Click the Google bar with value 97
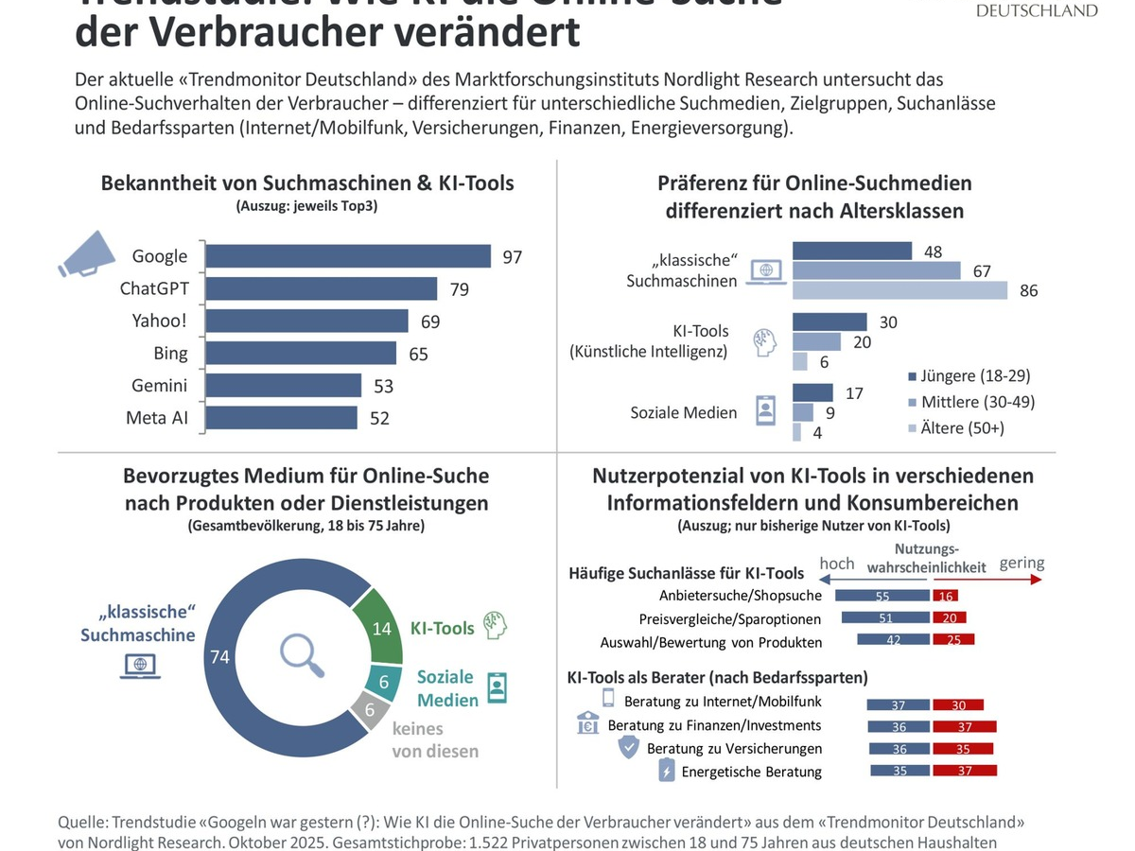[x=348, y=256]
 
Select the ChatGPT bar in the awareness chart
[x=322, y=288]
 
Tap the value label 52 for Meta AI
[x=379, y=417]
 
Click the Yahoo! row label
[x=159, y=321]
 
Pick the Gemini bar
[x=284, y=385]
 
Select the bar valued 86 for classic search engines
[x=899, y=290]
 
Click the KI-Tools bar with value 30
[x=829, y=321]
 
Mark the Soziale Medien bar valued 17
[x=812, y=392]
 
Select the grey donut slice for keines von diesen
[x=367, y=708]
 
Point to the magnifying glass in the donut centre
[x=303, y=655]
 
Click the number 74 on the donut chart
[x=220, y=656]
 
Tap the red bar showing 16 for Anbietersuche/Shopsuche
[x=945, y=596]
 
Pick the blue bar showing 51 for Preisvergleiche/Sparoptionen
[x=885, y=618]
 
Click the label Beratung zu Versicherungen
[x=722, y=749]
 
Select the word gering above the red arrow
[x=1021, y=564]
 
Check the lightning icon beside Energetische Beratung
[x=666, y=772]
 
